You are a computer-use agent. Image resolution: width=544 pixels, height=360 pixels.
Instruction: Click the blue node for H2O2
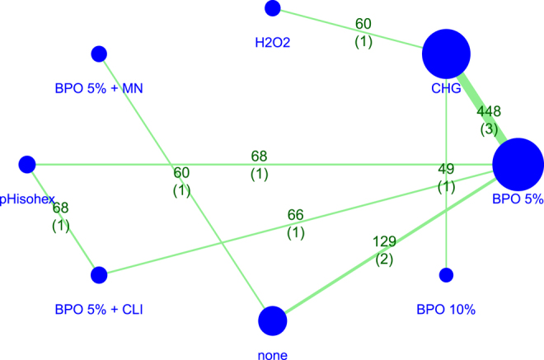pos(273,8)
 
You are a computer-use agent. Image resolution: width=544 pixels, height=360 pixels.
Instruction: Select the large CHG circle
pos(446,56)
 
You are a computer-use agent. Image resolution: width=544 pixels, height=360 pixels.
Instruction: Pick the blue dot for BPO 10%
pos(446,274)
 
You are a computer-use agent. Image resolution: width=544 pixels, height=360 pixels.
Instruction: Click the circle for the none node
pos(273,320)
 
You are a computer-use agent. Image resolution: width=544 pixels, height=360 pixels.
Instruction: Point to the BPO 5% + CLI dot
pos(99,274)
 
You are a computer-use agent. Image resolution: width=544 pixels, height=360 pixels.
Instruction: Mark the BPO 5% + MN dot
pos(99,54)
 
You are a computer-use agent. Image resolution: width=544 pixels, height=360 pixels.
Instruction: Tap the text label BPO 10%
pos(446,310)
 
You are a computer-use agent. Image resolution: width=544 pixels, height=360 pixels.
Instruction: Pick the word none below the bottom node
pos(273,355)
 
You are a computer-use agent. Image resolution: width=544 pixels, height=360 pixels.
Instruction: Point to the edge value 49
pos(446,170)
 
